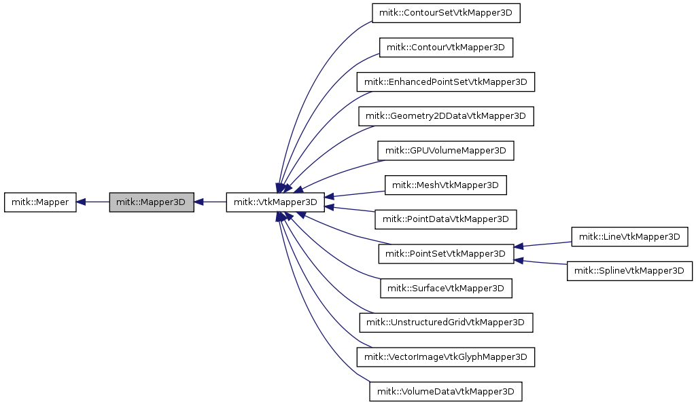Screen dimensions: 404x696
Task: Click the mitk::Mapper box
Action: [x=40, y=202]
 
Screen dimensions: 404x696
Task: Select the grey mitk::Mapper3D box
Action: [x=152, y=202]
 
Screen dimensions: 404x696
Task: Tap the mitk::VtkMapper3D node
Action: [x=275, y=202]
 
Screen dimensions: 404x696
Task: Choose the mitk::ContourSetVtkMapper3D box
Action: [x=446, y=13]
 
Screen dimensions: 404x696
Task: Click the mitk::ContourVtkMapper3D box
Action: [x=446, y=48]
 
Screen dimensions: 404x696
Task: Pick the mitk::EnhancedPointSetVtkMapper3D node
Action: [x=446, y=81]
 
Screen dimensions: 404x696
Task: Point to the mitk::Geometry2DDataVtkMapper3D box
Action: [x=446, y=116]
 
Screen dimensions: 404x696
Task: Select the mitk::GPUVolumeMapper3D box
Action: [x=446, y=151]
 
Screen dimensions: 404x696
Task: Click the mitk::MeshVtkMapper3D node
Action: [x=446, y=185]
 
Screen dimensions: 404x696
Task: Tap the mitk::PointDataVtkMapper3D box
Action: [x=446, y=219]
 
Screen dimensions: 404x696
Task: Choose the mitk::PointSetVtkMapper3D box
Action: [x=446, y=254]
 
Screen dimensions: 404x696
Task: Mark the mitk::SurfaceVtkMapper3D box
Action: [x=446, y=289]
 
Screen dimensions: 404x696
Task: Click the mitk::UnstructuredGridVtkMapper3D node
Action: [x=446, y=323]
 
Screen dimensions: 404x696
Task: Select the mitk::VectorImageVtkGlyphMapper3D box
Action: [x=446, y=356]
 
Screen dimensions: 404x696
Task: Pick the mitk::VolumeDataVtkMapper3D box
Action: [x=446, y=392]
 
